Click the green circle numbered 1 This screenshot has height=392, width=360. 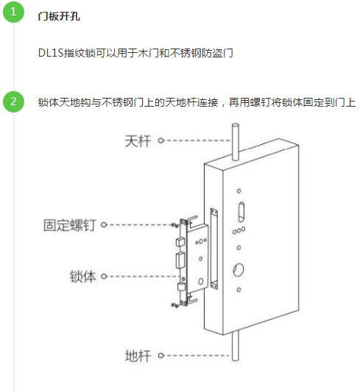(13, 12)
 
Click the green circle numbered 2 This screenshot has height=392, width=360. (13, 101)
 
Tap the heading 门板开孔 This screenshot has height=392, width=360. (59, 16)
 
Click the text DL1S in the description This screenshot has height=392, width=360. (51, 53)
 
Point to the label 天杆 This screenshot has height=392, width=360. (138, 141)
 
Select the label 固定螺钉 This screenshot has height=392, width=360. (69, 225)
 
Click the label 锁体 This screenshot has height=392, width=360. (82, 277)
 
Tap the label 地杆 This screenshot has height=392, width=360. (138, 355)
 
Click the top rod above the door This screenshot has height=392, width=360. (235, 141)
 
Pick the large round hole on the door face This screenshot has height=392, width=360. (239, 270)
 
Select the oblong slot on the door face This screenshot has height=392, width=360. (241, 212)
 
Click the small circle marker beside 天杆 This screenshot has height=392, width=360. (161, 140)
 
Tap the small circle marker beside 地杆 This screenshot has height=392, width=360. (161, 355)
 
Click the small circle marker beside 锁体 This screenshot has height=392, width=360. (104, 277)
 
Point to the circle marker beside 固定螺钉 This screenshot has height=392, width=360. (104, 224)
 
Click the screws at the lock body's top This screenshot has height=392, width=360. (175, 225)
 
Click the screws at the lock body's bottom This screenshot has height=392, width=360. (175, 305)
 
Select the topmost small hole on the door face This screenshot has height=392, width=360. (239, 191)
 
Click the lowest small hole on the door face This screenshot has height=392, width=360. (239, 290)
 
